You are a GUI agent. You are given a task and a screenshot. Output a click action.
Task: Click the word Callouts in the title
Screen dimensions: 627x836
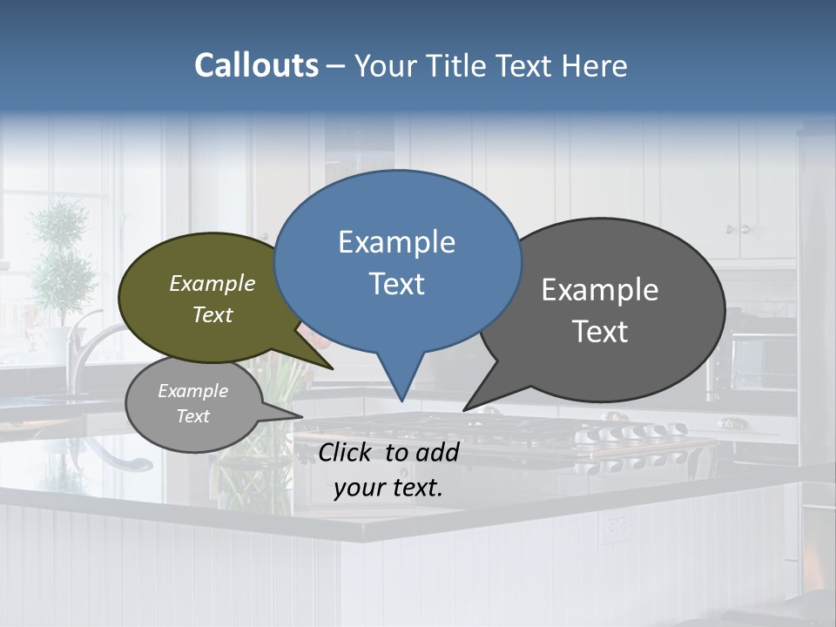click(256, 66)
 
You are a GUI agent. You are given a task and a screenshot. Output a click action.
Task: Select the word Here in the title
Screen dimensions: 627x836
click(595, 66)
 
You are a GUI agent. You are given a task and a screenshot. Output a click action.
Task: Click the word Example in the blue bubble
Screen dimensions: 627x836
click(396, 242)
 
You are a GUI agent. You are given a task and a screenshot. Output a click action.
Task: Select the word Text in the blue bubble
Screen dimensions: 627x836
click(396, 284)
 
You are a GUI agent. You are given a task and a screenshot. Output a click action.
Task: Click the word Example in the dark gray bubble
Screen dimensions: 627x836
click(600, 290)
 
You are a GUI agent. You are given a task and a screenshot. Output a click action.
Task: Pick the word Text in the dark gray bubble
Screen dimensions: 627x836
click(600, 332)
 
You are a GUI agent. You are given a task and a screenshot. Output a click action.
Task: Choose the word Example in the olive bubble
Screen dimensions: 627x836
click(212, 284)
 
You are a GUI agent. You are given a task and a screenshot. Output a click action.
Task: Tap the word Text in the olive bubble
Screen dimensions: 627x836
click(212, 314)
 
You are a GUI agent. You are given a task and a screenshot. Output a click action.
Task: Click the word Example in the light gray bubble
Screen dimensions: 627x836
click(192, 391)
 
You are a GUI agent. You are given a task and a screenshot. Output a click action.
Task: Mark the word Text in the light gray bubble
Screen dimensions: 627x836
click(192, 416)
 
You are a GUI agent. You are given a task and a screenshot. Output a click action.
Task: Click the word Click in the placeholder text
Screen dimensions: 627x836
click(347, 452)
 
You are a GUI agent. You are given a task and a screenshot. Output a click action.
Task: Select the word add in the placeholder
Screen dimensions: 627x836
click(436, 452)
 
